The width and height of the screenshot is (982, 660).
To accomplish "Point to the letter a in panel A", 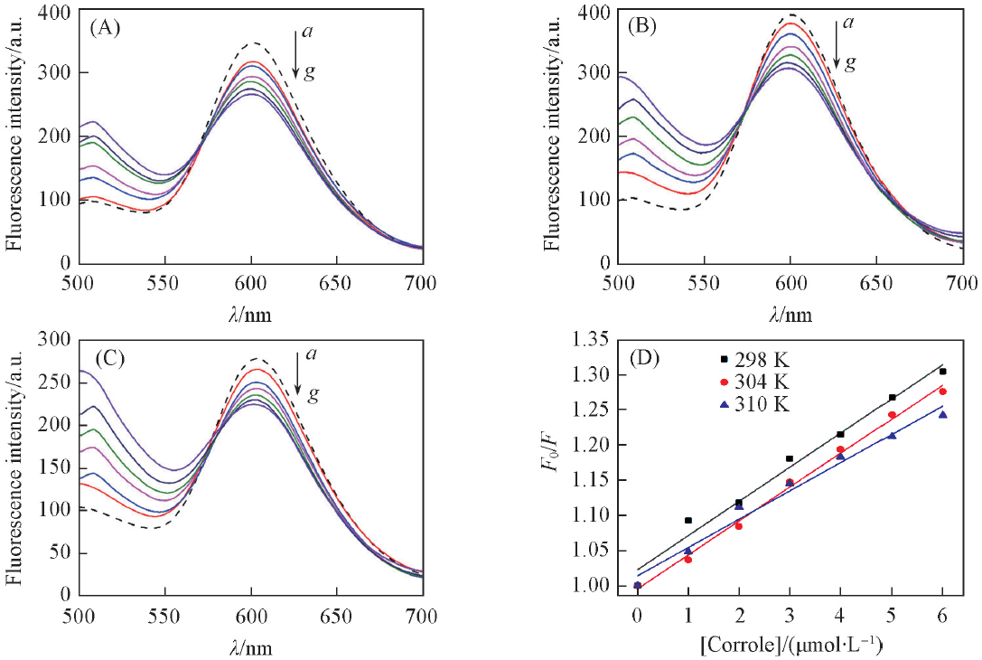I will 308,32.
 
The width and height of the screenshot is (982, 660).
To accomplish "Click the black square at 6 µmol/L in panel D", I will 944,372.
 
